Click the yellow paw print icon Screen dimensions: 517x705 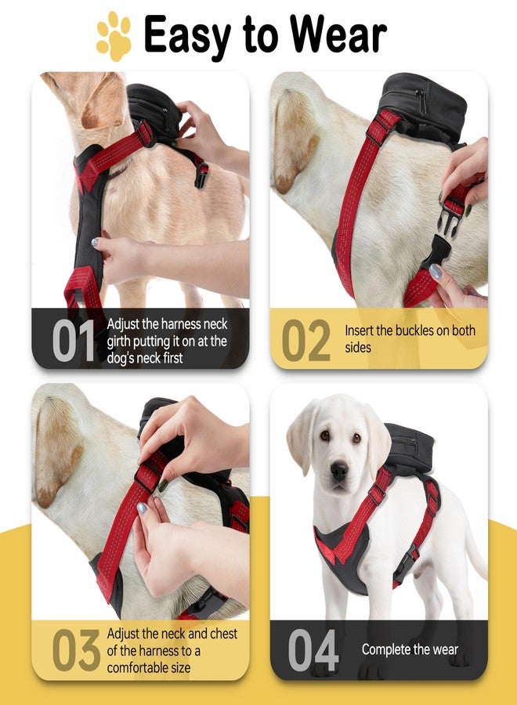114,36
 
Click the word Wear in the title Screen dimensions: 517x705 338,34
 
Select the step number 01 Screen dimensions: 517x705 74,341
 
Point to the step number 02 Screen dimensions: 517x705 306,341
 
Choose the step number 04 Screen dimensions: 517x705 313,649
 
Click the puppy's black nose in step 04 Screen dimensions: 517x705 339,471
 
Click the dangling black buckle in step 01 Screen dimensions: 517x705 201,175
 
